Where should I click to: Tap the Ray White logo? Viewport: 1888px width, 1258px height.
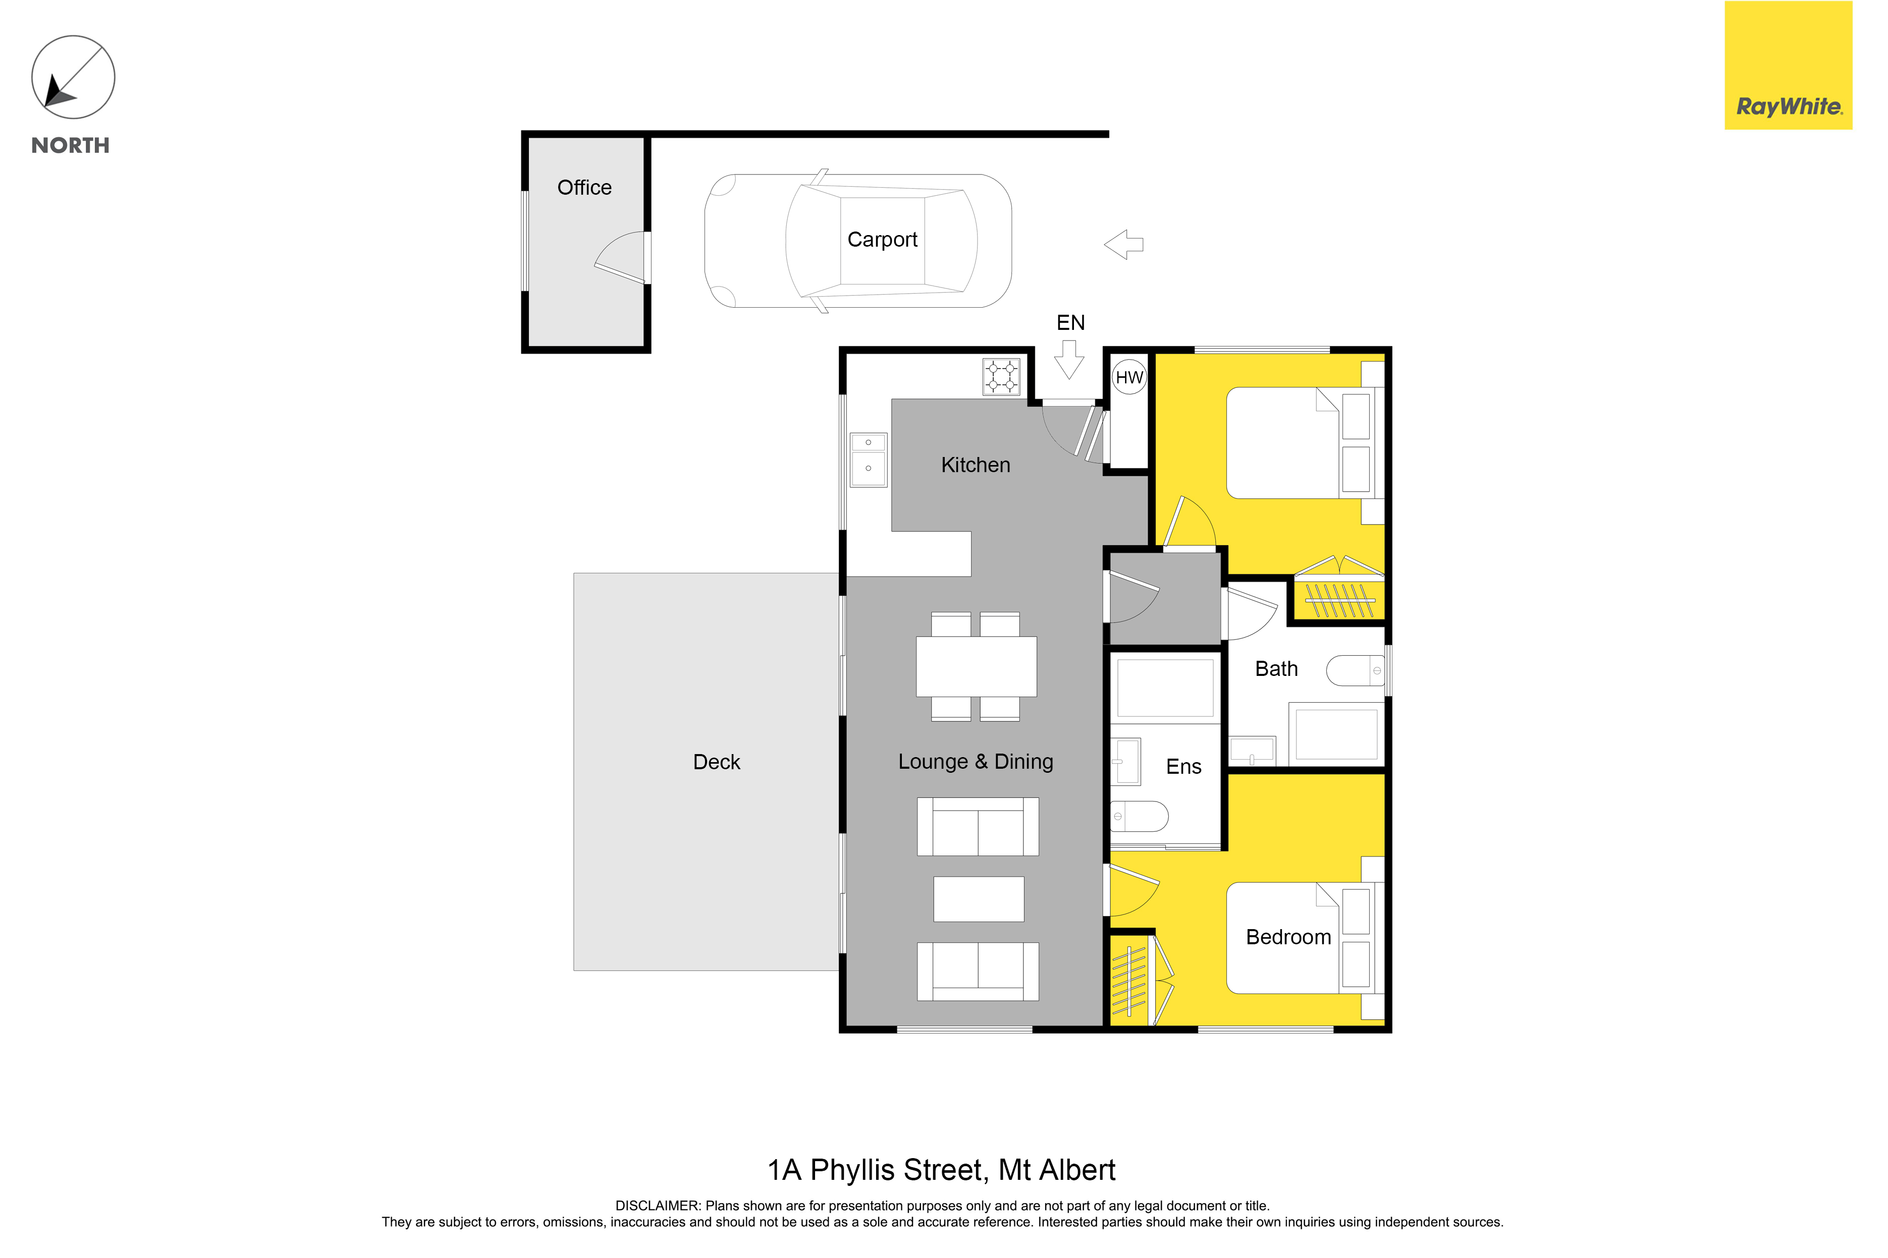click(1789, 65)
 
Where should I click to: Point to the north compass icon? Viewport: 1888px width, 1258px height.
click(73, 77)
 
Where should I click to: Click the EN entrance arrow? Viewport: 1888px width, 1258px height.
click(1069, 360)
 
